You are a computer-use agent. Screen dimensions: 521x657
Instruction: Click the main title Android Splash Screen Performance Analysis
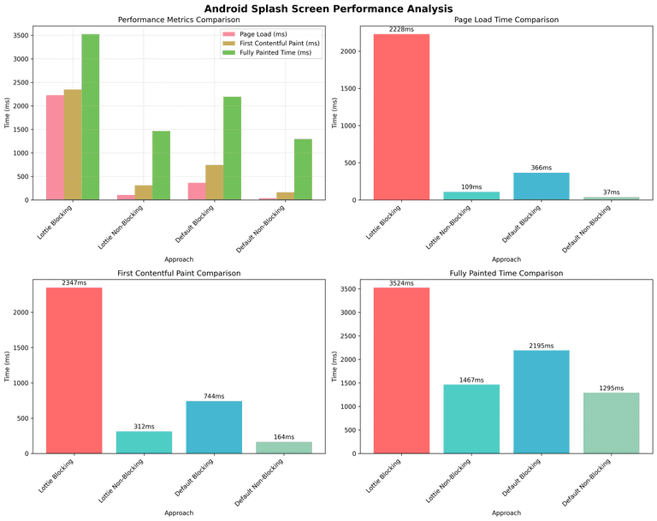[328, 8]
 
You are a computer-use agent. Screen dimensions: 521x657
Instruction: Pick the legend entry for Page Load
[262, 33]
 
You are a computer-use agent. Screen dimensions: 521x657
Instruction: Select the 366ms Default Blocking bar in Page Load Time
[541, 186]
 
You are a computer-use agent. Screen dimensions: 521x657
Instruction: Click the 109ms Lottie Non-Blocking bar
[471, 196]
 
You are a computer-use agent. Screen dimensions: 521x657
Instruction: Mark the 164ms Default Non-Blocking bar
[284, 447]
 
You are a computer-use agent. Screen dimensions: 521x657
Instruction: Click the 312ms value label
[144, 426]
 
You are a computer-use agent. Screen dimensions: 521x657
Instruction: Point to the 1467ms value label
[471, 380]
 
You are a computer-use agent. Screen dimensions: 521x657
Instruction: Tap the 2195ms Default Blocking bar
[541, 402]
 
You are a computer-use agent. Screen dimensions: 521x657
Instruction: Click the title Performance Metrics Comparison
[179, 19]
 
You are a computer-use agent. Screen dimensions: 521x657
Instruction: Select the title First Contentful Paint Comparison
[179, 273]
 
